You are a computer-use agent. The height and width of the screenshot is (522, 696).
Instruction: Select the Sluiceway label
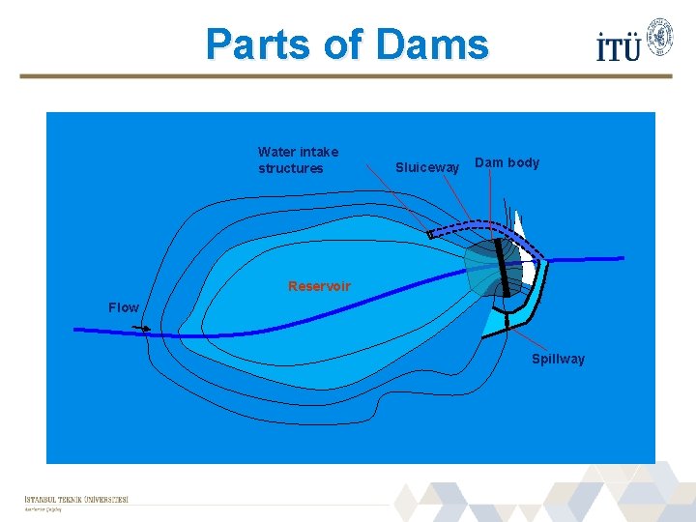click(x=427, y=168)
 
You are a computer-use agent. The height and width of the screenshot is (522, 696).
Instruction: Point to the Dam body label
click(x=507, y=162)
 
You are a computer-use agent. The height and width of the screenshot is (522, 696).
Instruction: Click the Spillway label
click(x=558, y=359)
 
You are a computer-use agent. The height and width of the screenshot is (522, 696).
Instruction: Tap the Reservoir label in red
click(x=319, y=286)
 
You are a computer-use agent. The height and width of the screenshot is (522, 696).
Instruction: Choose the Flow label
click(x=124, y=307)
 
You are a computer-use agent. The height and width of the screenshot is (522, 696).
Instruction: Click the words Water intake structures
click(x=298, y=160)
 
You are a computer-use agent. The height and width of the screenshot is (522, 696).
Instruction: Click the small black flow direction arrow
click(x=142, y=330)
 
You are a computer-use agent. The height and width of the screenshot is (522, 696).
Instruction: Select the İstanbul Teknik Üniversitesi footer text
click(x=76, y=500)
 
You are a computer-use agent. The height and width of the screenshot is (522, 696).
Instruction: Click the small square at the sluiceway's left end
click(x=430, y=235)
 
